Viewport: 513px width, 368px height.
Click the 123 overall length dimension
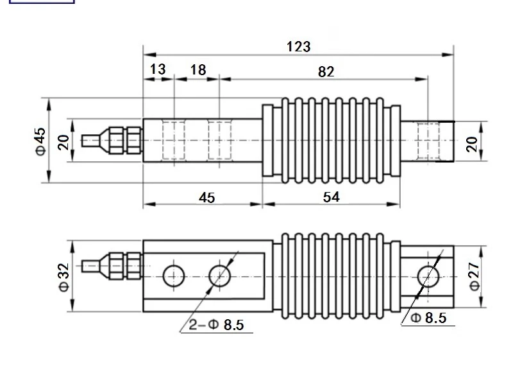point(298,46)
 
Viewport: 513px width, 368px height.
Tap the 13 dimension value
point(158,69)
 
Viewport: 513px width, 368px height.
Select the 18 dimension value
point(198,69)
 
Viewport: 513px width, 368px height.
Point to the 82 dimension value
point(326,72)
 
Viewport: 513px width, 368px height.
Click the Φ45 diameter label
point(41,141)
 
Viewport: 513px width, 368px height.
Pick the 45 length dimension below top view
point(206,198)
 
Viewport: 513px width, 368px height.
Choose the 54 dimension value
point(332,197)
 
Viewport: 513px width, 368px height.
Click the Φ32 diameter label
point(64,277)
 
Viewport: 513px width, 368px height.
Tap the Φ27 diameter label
point(475,277)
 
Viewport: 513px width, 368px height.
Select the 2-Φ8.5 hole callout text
point(217,325)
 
